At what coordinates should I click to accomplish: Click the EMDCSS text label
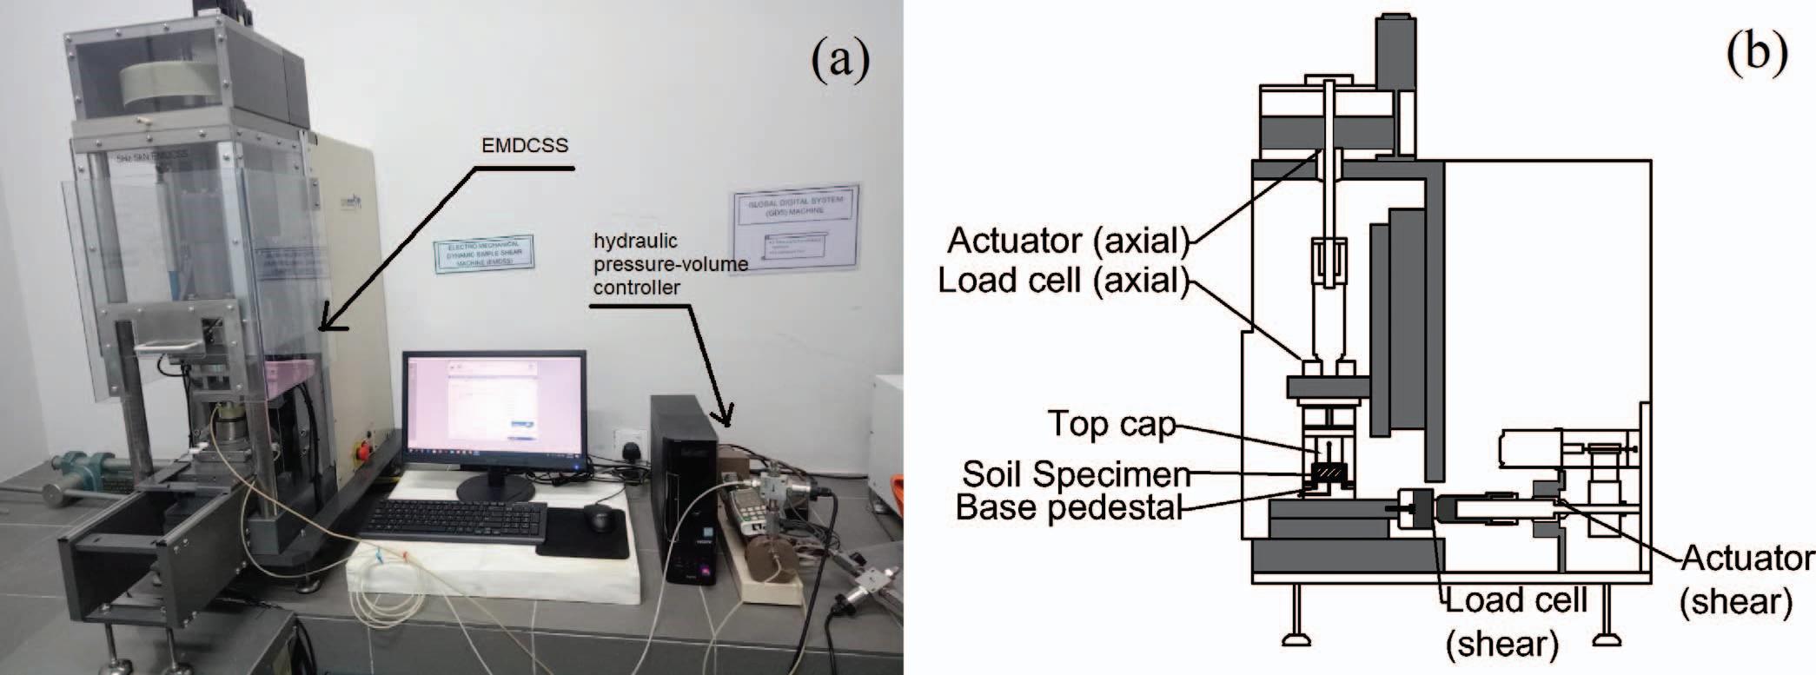[525, 145]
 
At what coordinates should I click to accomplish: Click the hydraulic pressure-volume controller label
[669, 264]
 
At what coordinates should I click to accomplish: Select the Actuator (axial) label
[1067, 241]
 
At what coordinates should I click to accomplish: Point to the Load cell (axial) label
[1062, 280]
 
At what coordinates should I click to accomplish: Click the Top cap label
[1111, 424]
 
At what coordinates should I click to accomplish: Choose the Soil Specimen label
[1076, 474]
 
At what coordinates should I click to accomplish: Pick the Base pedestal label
[1069, 506]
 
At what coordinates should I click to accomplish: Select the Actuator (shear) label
[1746, 579]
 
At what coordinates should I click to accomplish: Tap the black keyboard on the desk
[454, 520]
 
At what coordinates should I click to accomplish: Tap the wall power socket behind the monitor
[626, 440]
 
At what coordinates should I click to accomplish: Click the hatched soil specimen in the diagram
[1326, 473]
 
